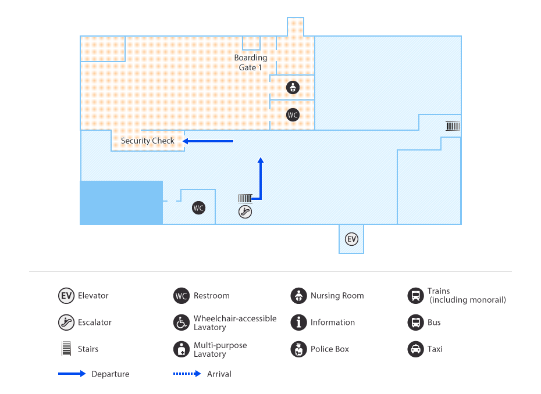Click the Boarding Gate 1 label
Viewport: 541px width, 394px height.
(x=250, y=63)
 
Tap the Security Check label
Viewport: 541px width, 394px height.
(x=147, y=141)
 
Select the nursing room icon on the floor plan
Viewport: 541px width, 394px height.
(x=293, y=88)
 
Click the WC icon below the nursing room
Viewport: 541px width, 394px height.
(x=293, y=115)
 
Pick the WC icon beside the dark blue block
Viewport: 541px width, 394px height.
(x=198, y=207)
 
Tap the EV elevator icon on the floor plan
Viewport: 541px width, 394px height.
(x=351, y=239)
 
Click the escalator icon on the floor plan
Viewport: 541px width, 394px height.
(x=245, y=212)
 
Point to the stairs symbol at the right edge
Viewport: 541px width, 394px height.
(x=453, y=126)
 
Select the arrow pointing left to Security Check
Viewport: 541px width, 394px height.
(x=208, y=141)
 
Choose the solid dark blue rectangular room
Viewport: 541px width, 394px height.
(x=121, y=202)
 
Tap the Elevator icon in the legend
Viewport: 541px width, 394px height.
(x=66, y=296)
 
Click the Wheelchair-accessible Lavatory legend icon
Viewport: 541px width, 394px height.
(x=181, y=323)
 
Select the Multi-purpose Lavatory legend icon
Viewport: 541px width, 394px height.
(x=181, y=349)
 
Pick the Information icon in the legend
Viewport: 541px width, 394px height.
(x=298, y=323)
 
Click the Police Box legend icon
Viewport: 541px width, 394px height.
(x=298, y=349)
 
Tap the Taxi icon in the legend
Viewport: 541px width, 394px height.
(x=415, y=349)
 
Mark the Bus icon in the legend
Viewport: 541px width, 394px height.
(x=415, y=323)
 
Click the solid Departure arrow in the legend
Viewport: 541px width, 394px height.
(x=72, y=374)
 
